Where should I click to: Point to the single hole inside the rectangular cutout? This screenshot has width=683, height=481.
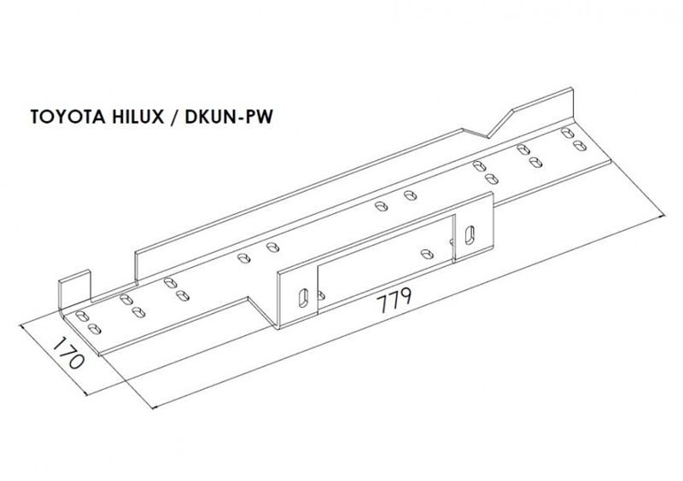429,252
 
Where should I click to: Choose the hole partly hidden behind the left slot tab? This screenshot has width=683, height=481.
320,295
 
